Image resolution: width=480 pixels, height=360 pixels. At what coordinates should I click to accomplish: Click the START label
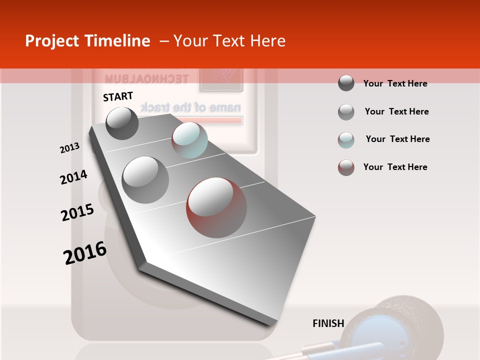point(118,96)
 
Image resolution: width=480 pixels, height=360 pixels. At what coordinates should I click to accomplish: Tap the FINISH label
point(328,323)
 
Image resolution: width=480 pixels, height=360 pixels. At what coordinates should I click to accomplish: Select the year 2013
point(69,148)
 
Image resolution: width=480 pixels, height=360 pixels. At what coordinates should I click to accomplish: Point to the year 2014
point(73,177)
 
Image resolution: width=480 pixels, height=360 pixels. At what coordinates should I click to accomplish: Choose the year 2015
point(77,212)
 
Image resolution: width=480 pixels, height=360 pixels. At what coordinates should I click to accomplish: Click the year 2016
point(85,253)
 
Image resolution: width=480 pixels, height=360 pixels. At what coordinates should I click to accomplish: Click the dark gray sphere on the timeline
point(122,123)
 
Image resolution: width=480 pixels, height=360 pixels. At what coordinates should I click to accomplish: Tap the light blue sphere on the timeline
point(189,140)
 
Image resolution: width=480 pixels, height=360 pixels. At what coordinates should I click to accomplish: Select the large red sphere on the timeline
point(216,207)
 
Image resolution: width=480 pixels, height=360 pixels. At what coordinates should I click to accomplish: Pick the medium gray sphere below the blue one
point(145,179)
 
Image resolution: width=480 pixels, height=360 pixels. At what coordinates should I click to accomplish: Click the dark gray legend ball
point(346,83)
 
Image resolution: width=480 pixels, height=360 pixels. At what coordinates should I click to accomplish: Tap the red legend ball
point(346,167)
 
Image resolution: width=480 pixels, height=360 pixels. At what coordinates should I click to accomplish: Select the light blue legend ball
point(346,140)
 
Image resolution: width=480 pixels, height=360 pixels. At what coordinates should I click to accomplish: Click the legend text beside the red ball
point(395,167)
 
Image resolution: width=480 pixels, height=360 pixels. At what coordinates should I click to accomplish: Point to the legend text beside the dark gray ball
point(395,83)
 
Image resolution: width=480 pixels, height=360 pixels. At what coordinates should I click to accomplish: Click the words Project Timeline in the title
point(87,41)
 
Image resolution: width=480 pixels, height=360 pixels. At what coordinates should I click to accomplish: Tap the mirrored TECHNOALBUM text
point(146,79)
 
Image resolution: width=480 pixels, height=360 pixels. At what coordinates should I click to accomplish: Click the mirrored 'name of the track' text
point(190,107)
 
